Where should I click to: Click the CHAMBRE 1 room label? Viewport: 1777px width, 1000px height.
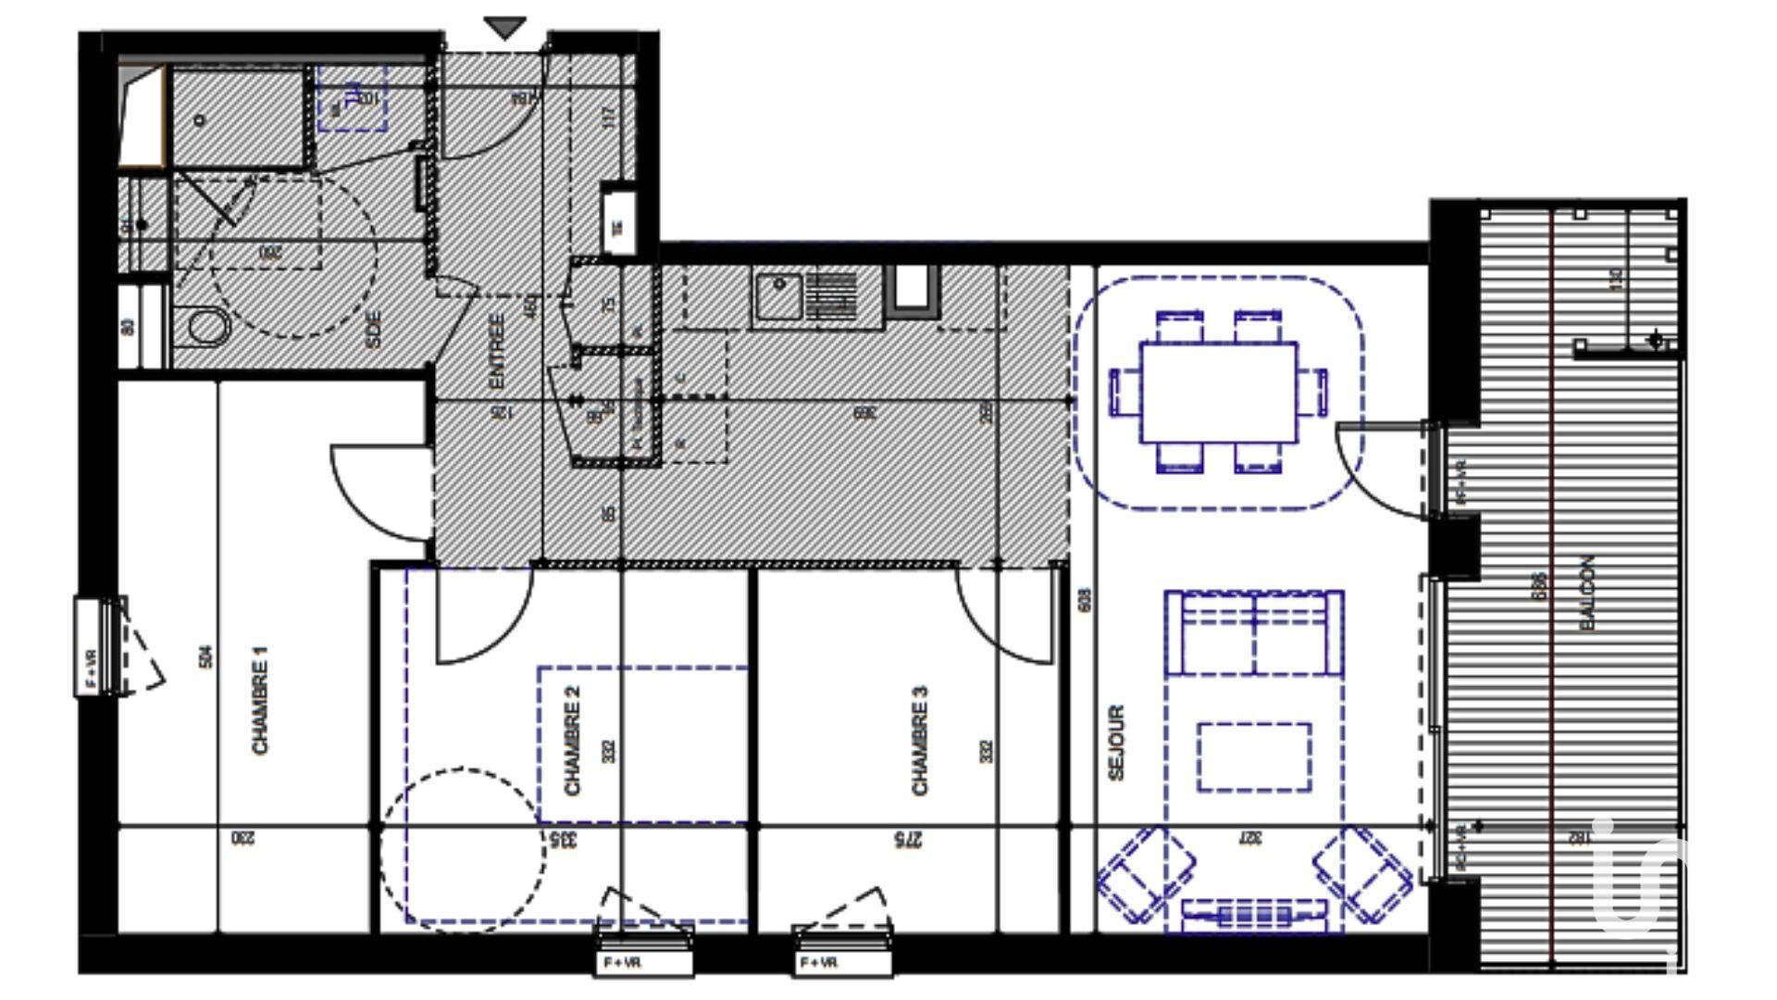pyautogui.click(x=260, y=700)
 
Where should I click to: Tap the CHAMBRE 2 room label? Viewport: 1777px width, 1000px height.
pyautogui.click(x=573, y=741)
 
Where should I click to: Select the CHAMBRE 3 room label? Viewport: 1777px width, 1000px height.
pyautogui.click(x=920, y=741)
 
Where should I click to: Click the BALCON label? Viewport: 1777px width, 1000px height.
pyautogui.click(x=1588, y=594)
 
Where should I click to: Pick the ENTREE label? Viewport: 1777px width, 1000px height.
pyautogui.click(x=497, y=351)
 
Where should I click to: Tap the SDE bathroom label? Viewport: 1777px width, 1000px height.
pyautogui.click(x=373, y=329)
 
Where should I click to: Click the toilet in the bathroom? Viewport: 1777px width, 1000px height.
pyautogui.click(x=209, y=327)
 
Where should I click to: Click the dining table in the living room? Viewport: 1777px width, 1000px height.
pyautogui.click(x=1218, y=393)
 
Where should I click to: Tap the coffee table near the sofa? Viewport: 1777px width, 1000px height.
pyautogui.click(x=1254, y=757)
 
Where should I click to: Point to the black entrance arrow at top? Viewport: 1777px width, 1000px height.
pyautogui.click(x=505, y=28)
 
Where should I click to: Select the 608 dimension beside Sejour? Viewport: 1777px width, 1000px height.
pyautogui.click(x=1085, y=599)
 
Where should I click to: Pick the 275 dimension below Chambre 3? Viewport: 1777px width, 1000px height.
pyautogui.click(x=909, y=839)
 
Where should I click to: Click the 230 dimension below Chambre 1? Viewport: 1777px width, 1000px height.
pyautogui.click(x=242, y=839)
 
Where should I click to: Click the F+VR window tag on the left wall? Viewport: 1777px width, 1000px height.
pyautogui.click(x=91, y=645)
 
